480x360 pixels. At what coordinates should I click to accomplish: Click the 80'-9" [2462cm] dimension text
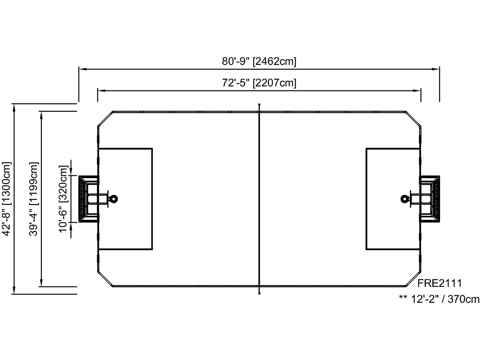pos(259,61)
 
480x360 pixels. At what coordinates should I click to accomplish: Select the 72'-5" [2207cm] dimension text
pos(259,83)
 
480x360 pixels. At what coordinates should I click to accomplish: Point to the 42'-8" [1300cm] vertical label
pos(7,199)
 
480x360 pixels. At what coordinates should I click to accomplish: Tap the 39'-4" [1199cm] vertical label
pos(34,199)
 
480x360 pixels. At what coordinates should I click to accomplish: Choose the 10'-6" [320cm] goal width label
pos(63,199)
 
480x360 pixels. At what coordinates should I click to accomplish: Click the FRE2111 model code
pos(440,283)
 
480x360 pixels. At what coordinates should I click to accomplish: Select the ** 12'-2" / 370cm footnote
pos(439,299)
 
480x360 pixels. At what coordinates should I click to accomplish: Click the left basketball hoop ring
pos(113,199)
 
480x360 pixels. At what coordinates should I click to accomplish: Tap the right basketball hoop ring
pos(405,199)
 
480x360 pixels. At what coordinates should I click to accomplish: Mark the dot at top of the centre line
pos(259,105)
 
